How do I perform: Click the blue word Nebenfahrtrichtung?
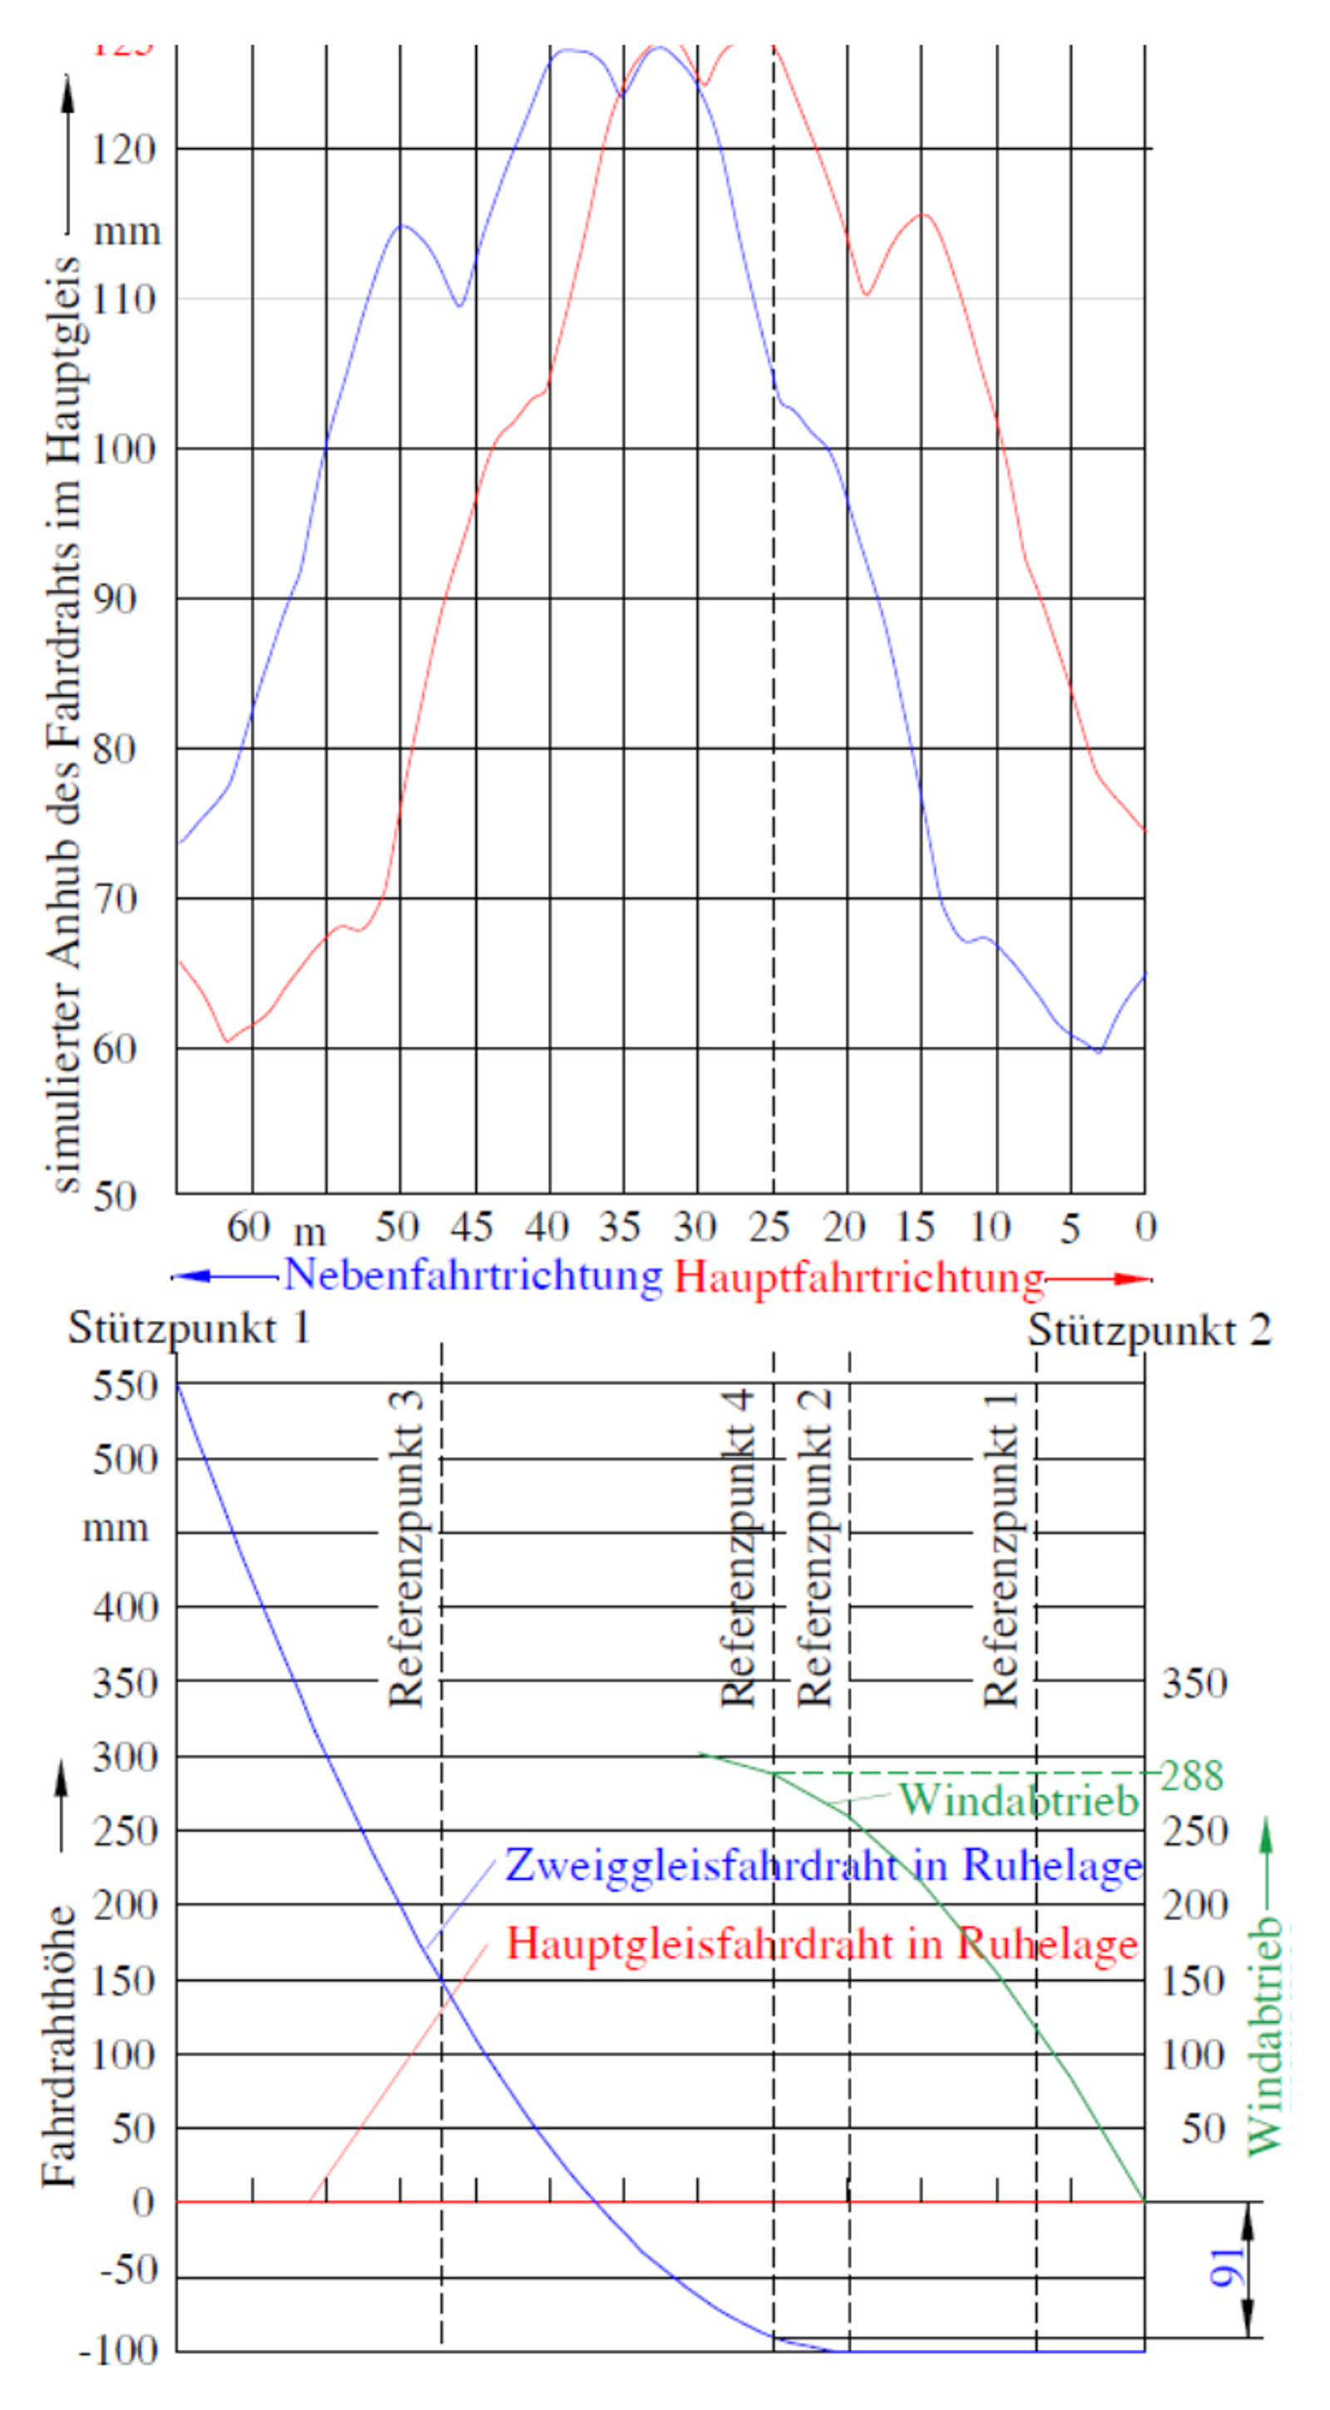click(473, 1275)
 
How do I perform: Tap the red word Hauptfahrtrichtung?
click(859, 1277)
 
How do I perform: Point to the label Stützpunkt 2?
click(1150, 1330)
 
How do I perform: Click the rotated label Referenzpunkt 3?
click(406, 1549)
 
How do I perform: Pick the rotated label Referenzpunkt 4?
click(737, 1549)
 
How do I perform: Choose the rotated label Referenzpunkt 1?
click(1002, 1549)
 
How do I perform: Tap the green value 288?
click(1191, 1776)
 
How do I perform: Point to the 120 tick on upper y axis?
click(124, 149)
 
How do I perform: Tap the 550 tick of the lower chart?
click(126, 1385)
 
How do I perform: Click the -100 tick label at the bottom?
click(119, 2351)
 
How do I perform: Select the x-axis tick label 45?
click(471, 1227)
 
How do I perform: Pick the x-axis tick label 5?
click(1070, 1228)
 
